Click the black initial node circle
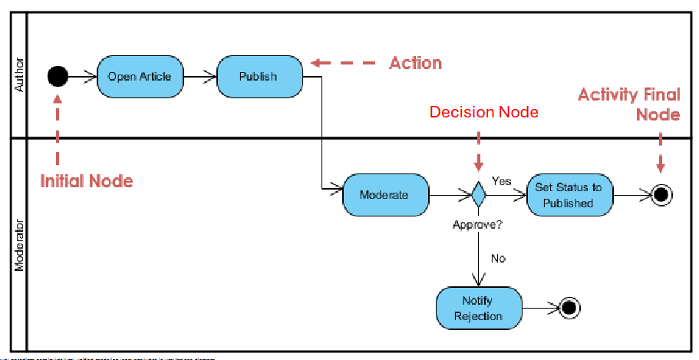[58, 76]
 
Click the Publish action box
[258, 76]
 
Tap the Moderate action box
[384, 195]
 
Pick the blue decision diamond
[479, 195]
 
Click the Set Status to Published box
[569, 195]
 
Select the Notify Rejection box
[477, 308]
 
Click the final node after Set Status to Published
[661, 195]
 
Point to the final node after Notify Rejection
[568, 308]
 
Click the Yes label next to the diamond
[501, 181]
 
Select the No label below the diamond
[498, 259]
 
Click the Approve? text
[478, 226]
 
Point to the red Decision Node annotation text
[483, 112]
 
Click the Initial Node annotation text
[86, 181]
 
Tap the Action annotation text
[415, 62]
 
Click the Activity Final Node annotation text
[628, 104]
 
